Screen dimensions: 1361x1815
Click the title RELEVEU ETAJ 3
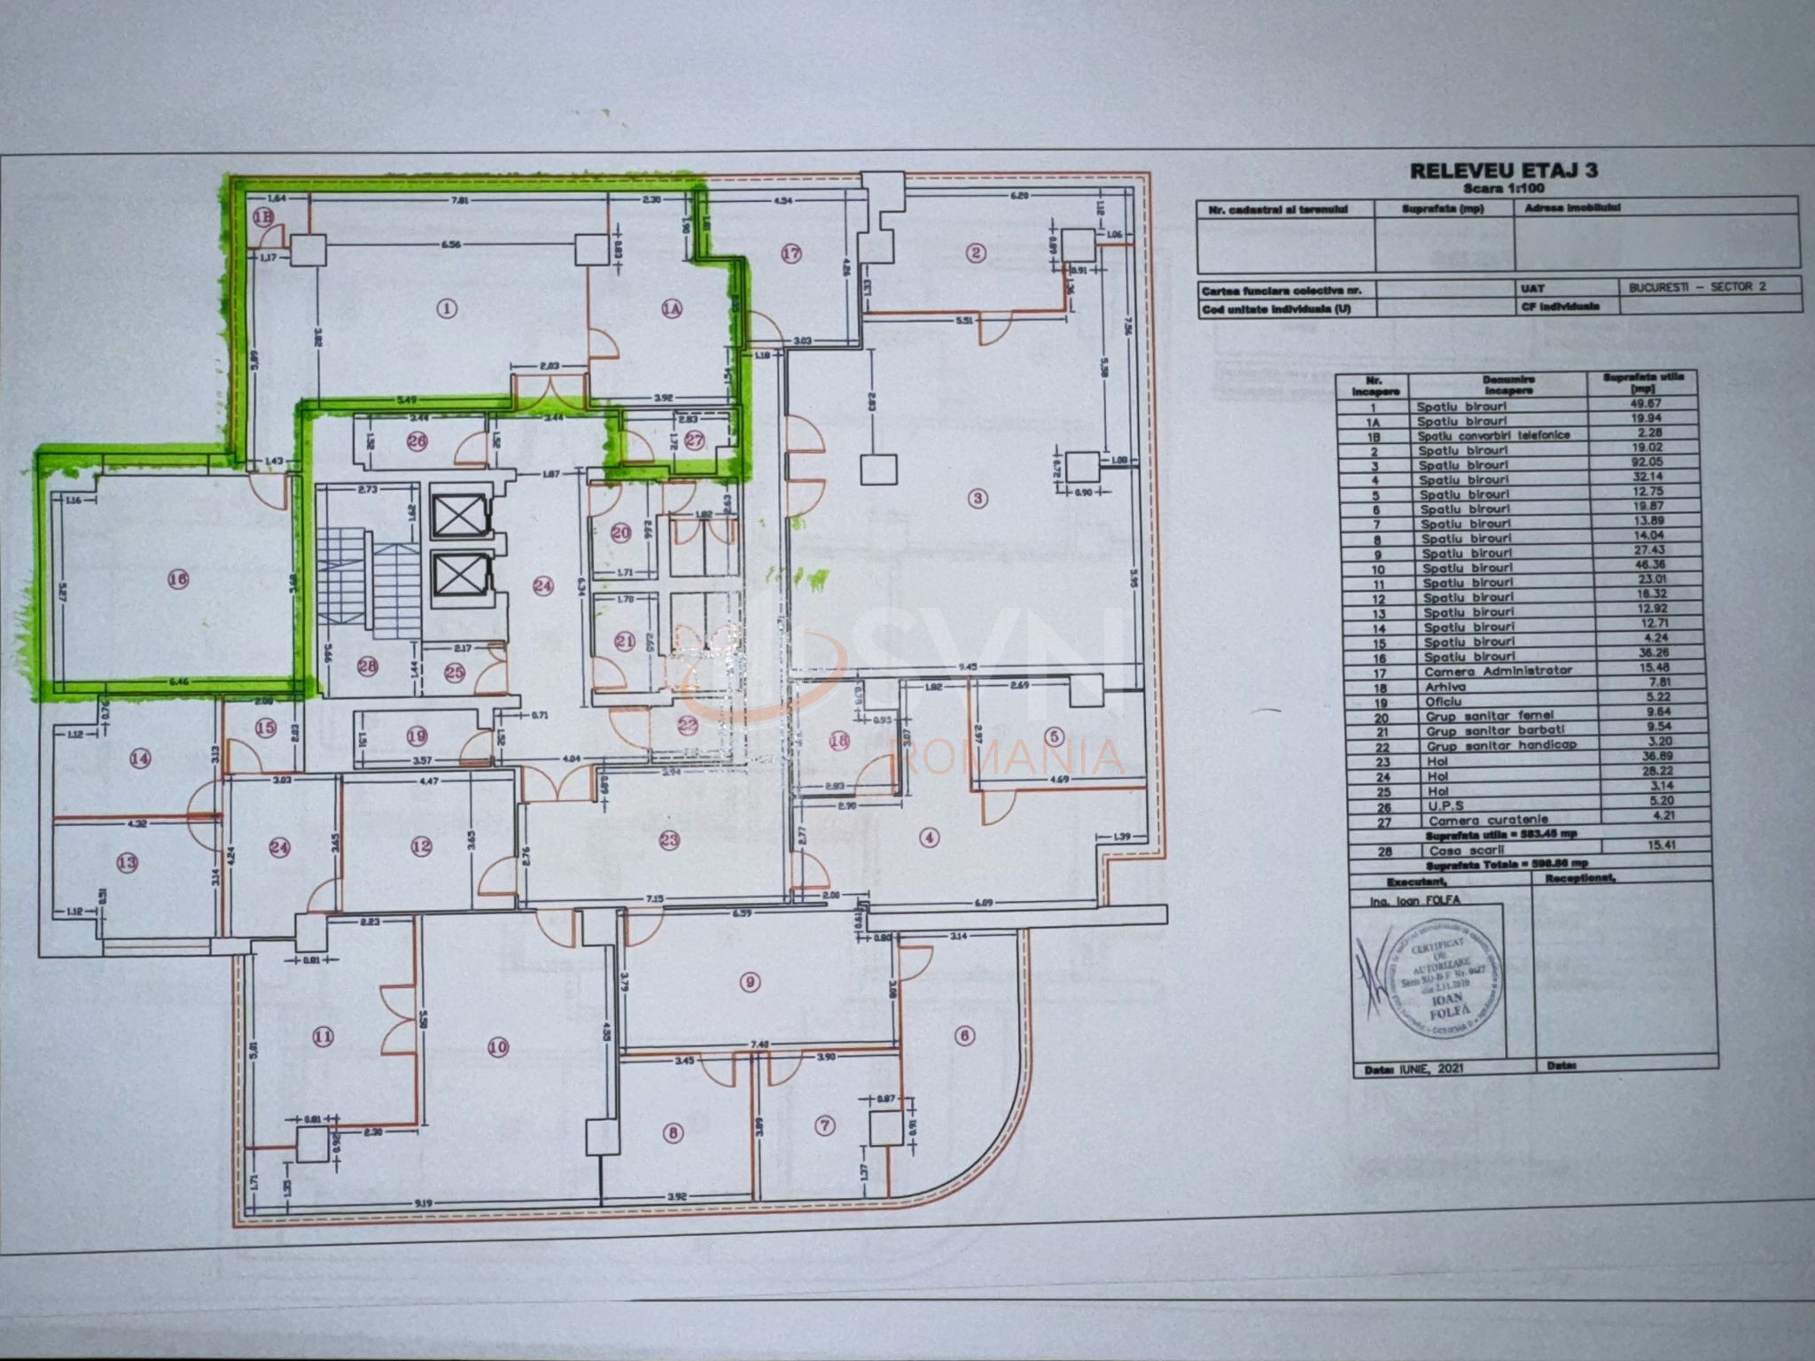point(1504,171)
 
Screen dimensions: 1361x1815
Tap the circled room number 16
point(178,579)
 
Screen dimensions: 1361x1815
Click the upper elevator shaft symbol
point(459,513)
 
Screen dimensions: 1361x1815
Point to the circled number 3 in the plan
point(978,498)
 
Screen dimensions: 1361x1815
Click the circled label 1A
point(671,308)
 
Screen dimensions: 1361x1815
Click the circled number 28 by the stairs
point(367,666)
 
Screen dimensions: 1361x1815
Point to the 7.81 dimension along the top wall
point(460,200)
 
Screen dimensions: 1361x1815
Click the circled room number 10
point(498,1047)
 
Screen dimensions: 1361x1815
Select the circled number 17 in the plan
point(791,253)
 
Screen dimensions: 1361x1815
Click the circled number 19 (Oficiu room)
point(417,735)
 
